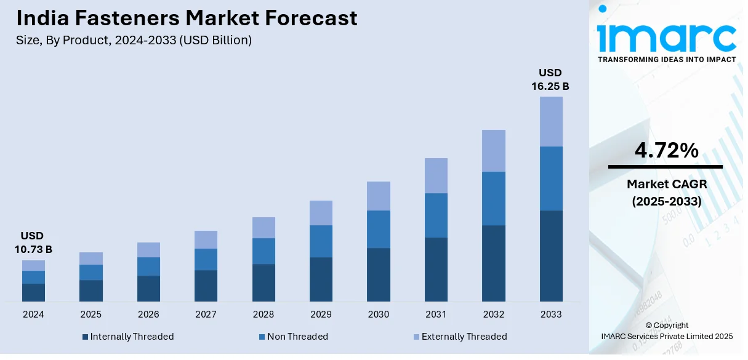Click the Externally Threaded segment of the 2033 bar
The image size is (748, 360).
tap(551, 121)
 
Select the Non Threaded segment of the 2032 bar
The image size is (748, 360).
tap(494, 198)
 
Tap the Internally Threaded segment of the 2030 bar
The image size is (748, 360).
tap(379, 274)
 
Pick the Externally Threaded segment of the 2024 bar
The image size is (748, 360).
tap(33, 265)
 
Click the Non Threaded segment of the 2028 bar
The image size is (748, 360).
tap(263, 251)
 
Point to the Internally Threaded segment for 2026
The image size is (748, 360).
tap(148, 289)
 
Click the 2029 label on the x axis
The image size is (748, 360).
tap(321, 314)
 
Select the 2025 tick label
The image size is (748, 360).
tap(91, 314)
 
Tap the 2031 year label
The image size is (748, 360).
tap(436, 314)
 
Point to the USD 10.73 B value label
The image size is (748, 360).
tap(33, 242)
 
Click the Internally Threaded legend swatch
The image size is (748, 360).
tap(86, 337)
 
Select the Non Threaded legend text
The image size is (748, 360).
tap(297, 337)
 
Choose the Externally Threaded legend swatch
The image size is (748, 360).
tap(417, 337)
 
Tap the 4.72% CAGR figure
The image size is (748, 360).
tap(666, 150)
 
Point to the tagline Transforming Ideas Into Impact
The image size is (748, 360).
tap(667, 59)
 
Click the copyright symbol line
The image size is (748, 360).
tap(667, 325)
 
